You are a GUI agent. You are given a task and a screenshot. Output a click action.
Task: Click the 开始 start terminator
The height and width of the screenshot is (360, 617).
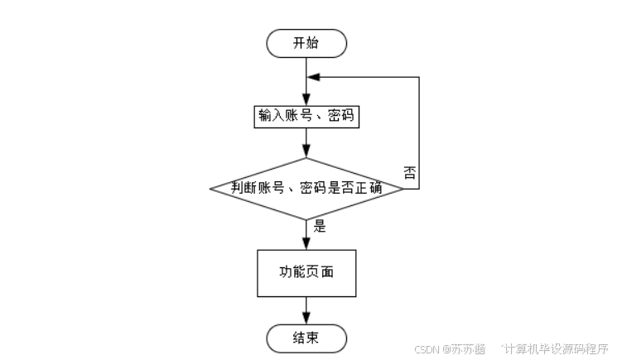[306, 43]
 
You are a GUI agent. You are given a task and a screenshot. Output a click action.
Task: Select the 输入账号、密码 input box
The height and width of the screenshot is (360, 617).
[306, 117]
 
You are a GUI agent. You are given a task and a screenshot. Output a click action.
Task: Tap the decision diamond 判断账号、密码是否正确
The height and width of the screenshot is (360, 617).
[306, 189]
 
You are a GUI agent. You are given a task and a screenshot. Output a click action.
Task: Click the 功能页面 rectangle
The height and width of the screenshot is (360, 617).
[306, 273]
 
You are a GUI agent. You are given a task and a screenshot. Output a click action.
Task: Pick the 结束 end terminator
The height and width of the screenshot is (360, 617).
[306, 338]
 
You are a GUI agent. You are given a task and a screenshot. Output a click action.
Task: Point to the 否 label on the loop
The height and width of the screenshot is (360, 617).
[410, 172]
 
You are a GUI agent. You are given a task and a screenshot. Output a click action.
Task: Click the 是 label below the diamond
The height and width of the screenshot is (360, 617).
[320, 226]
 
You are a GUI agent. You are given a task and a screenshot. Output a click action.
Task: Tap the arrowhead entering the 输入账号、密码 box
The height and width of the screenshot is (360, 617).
[306, 100]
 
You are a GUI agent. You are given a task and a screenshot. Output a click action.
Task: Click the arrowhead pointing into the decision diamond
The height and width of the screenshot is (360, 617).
[306, 151]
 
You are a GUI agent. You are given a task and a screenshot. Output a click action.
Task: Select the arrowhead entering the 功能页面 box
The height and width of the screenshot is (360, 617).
[306, 243]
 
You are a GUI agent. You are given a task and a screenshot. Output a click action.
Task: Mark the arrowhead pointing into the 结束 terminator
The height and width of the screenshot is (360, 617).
[306, 318]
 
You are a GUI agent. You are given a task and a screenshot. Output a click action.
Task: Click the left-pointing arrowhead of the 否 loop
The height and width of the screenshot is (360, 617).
[313, 77]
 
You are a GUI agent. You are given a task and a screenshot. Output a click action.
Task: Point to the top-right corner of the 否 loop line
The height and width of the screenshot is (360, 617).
[419, 77]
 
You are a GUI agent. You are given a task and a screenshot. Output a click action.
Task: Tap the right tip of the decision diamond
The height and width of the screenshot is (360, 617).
[403, 189]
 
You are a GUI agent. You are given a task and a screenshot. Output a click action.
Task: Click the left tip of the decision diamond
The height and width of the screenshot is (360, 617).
[210, 189]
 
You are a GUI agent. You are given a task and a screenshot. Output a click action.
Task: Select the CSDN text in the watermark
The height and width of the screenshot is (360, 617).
[427, 349]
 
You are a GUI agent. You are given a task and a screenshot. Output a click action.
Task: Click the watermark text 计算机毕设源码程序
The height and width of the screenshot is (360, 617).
[557, 348]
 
